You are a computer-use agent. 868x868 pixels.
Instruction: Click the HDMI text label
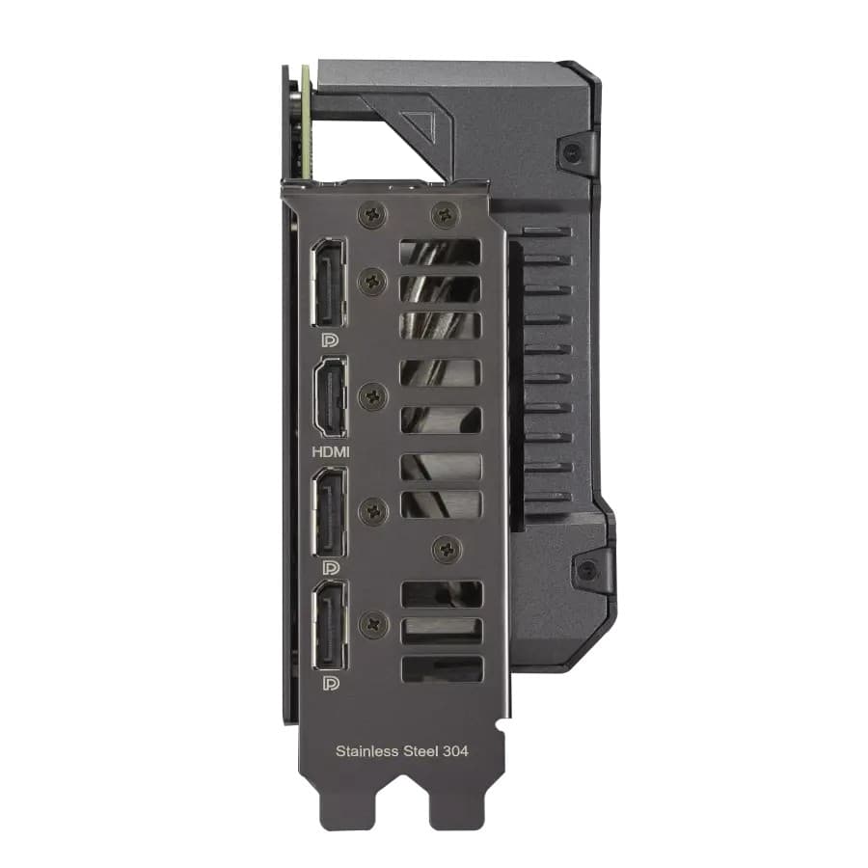[x=330, y=450]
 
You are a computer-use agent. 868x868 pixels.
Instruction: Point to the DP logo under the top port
[x=329, y=340]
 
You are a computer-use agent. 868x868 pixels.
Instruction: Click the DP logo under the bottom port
[x=330, y=684]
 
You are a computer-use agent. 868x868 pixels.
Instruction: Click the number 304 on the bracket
[x=454, y=749]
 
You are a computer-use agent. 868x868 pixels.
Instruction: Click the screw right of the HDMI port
[x=372, y=395]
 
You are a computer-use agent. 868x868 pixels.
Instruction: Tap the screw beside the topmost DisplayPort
[x=372, y=281]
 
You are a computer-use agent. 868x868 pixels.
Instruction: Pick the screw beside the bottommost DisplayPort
[x=372, y=625]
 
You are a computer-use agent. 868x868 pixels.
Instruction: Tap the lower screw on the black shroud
[x=585, y=570]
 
